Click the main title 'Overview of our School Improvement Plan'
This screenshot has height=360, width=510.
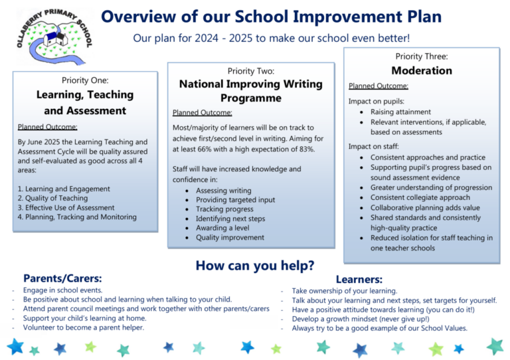[271, 17]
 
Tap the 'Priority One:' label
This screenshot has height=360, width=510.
[85, 80]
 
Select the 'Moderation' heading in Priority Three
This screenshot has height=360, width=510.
[422, 70]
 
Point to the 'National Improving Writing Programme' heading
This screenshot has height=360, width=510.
[250, 91]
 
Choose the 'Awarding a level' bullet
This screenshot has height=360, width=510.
[223, 228]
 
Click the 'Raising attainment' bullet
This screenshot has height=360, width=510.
[400, 112]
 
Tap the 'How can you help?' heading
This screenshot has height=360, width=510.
[254, 266]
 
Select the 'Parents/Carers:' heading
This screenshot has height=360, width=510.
[62, 278]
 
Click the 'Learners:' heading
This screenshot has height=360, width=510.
[359, 280]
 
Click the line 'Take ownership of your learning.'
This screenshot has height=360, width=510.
[344, 291]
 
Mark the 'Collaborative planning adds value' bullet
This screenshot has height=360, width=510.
[426, 208]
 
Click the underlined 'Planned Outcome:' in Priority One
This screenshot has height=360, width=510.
[47, 126]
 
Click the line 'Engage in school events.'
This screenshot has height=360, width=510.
[62, 290]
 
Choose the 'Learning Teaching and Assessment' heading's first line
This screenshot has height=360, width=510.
[85, 95]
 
